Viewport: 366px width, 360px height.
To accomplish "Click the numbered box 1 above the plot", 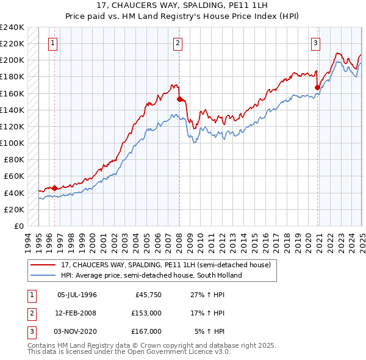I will pos(54,43).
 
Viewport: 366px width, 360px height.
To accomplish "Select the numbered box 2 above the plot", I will pos(178,43).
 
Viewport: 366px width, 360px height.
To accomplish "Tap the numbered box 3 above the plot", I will pos(315,43).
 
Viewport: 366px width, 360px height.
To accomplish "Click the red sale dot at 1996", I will pos(54,188).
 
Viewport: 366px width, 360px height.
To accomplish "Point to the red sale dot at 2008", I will pos(179,99).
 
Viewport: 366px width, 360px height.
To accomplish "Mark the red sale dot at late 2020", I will pos(317,87).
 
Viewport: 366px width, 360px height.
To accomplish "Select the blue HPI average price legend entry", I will pos(151,275).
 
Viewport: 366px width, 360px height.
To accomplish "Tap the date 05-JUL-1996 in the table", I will pos(77,295).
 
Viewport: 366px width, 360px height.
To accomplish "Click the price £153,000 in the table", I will pos(146,313).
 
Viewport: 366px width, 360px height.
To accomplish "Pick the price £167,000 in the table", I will pos(146,331).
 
